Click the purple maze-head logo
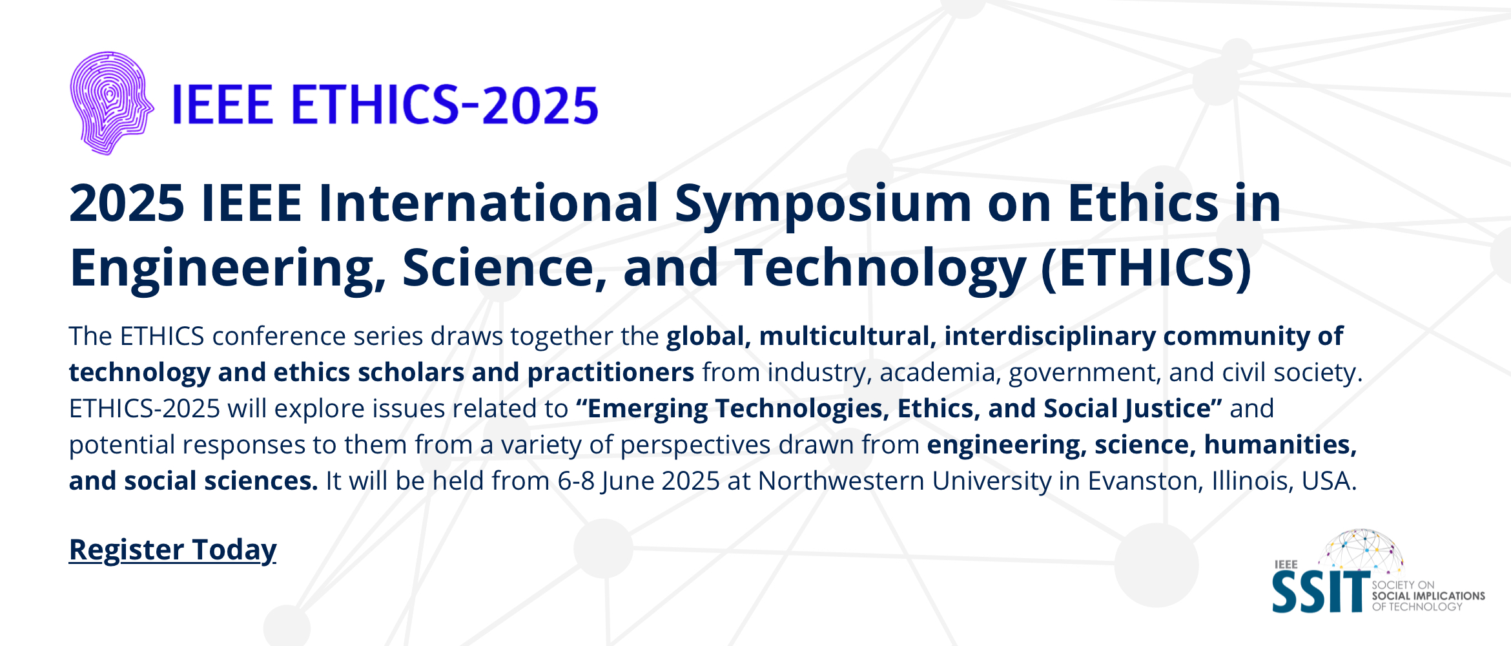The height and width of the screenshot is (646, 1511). tap(112, 103)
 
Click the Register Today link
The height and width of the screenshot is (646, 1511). tap(172, 550)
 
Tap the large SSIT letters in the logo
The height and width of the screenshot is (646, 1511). tap(1321, 591)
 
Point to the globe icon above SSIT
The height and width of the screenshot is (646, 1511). tap(1364, 552)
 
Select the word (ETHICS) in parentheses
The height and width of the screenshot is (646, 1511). tap(1146, 268)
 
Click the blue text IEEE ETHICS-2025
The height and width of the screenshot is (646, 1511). tap(385, 105)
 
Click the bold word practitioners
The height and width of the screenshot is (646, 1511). tap(611, 373)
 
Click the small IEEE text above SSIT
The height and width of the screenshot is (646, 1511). tap(1286, 565)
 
